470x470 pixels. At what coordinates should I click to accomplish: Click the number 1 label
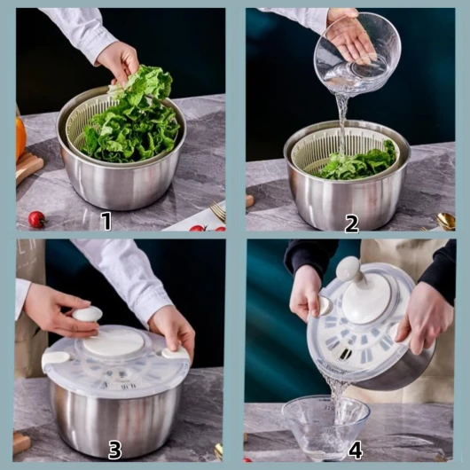pyautogui.click(x=106, y=221)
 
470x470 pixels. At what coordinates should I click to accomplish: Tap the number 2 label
pyautogui.click(x=351, y=224)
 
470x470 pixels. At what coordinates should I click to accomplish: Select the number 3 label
pyautogui.click(x=114, y=450)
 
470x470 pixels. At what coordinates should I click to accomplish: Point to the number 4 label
pyautogui.click(x=356, y=450)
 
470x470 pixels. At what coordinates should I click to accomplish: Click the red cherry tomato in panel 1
pyautogui.click(x=36, y=219)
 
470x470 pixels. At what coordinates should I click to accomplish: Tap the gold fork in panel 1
pyautogui.click(x=218, y=211)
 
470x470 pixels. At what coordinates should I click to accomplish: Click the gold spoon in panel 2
pyautogui.click(x=446, y=221)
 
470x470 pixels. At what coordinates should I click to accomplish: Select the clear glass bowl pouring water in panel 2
pyautogui.click(x=357, y=53)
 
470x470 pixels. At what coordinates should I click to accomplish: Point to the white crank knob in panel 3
pyautogui.click(x=87, y=315)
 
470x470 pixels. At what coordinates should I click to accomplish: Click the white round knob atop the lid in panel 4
pyautogui.click(x=348, y=268)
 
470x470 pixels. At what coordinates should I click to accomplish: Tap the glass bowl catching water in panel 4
pyautogui.click(x=325, y=426)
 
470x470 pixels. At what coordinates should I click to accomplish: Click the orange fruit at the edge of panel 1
pyautogui.click(x=20, y=137)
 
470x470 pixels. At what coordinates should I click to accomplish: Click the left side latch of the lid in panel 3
pyautogui.click(x=56, y=358)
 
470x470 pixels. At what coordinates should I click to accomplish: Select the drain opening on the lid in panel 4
pyautogui.click(x=345, y=354)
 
